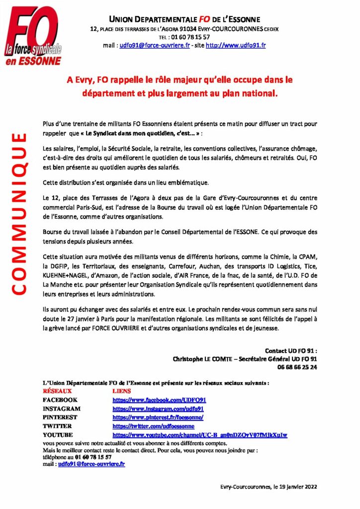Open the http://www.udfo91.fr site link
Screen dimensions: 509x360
pos(236,45)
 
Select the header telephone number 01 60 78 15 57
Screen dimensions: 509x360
pos(191,37)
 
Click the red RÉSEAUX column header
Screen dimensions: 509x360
pos(58,391)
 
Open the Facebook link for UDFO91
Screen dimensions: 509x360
pos(160,400)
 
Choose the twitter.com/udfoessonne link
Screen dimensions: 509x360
pos(154,426)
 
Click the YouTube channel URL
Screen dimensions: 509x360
pos(200,435)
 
